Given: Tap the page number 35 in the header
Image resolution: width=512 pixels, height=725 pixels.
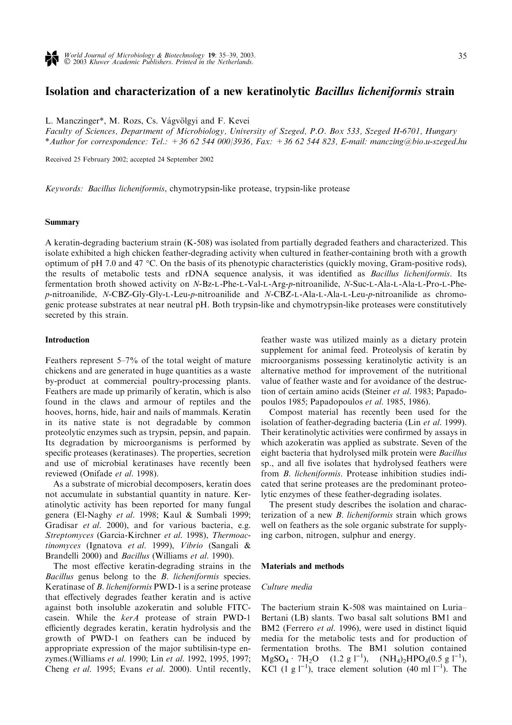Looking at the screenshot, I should [462, 56].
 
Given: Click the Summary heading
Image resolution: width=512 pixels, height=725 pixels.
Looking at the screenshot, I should [62, 222].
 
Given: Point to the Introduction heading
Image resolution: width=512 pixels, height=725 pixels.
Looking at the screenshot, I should [67, 340].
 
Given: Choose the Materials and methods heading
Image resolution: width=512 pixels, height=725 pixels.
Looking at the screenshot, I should [302, 566].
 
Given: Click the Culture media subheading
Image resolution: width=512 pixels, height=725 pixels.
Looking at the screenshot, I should [287, 587].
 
